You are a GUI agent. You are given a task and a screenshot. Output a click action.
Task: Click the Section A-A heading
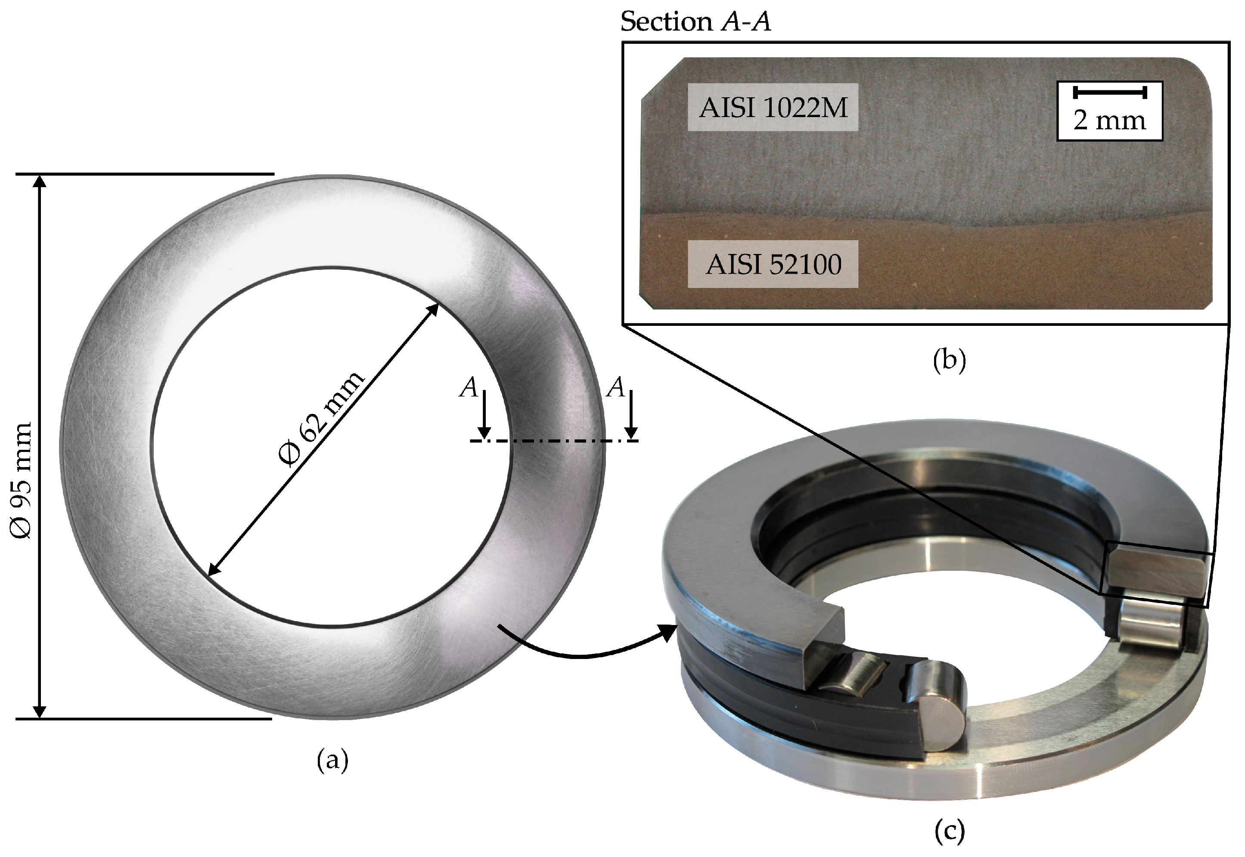pos(695,22)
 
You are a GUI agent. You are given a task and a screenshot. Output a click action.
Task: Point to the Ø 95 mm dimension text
pos(22,481)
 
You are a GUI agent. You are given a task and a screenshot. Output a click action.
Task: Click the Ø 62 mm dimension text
pos(321,419)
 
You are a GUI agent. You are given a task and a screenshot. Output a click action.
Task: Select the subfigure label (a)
pos(332,760)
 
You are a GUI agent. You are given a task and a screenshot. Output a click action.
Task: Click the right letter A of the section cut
pos(616,387)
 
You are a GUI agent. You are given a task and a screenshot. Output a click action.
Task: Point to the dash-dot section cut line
pos(553,441)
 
